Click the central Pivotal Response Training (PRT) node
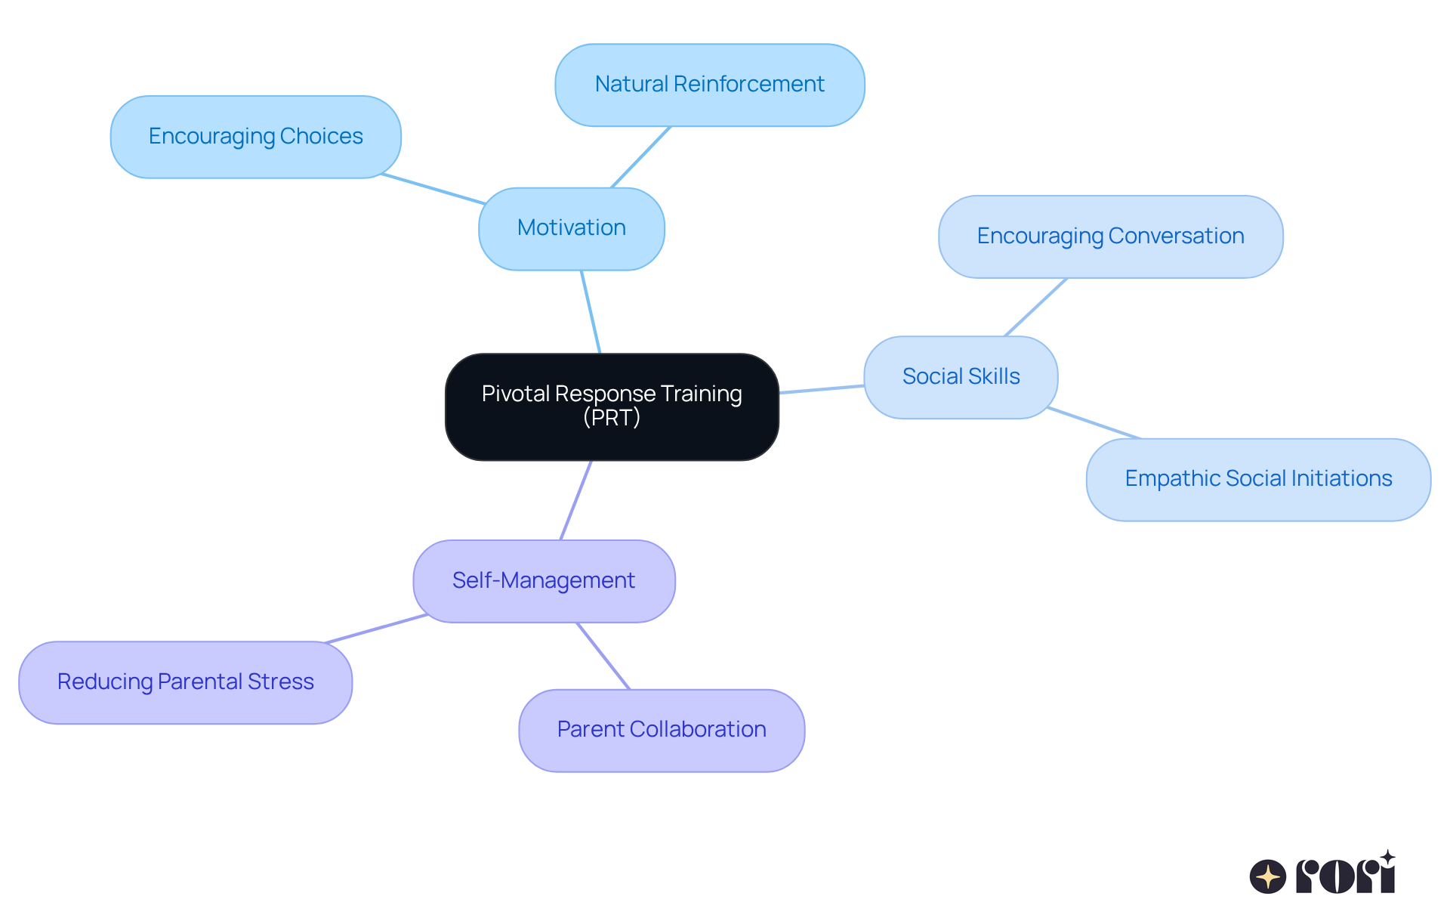(612, 406)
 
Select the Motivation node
(572, 228)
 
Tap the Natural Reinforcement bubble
(710, 85)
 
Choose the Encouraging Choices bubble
(255, 137)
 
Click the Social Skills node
(961, 377)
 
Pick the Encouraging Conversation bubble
(1110, 236)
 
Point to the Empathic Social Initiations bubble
(1258, 479)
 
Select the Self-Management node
(544, 581)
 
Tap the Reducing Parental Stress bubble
(185, 682)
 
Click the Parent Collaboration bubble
(662, 730)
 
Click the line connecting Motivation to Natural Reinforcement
(640, 157)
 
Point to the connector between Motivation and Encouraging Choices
(433, 189)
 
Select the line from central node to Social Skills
(822, 389)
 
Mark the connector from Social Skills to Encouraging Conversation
(1035, 308)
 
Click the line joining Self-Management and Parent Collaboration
(603, 656)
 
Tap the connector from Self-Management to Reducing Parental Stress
(376, 629)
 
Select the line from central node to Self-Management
(575, 500)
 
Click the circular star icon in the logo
(1268, 876)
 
